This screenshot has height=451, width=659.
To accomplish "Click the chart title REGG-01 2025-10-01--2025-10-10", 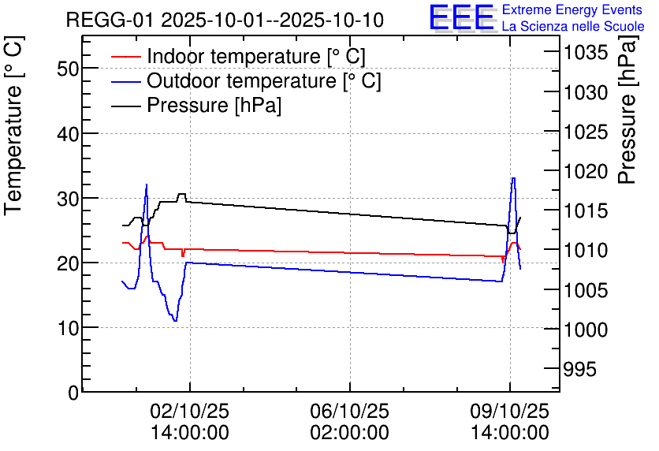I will [x=225, y=20].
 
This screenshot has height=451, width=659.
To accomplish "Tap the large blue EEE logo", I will [x=461, y=17].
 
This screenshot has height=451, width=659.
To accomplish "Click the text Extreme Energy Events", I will [x=572, y=10].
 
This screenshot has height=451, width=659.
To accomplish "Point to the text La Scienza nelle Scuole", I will [x=572, y=27].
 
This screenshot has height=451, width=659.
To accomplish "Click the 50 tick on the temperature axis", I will [x=69, y=69].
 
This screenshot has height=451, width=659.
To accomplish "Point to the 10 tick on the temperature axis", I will [x=69, y=327].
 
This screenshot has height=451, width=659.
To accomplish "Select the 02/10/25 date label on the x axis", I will [x=190, y=411].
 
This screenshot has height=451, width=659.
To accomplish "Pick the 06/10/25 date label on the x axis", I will [x=349, y=411].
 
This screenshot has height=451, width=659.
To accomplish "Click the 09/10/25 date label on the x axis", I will [x=509, y=411].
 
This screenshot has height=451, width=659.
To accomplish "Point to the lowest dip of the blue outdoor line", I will [x=175, y=320].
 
